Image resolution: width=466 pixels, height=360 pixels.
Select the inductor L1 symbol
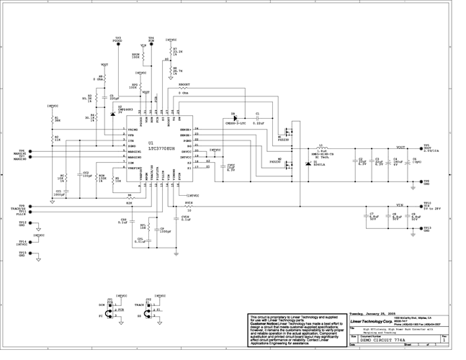click(322, 148)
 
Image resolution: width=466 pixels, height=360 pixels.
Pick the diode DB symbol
click(235, 118)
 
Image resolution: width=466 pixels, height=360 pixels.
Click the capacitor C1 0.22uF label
click(258, 124)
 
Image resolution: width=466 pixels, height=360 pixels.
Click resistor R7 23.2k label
click(177, 51)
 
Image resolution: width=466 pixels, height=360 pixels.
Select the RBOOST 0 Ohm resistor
click(184, 89)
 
